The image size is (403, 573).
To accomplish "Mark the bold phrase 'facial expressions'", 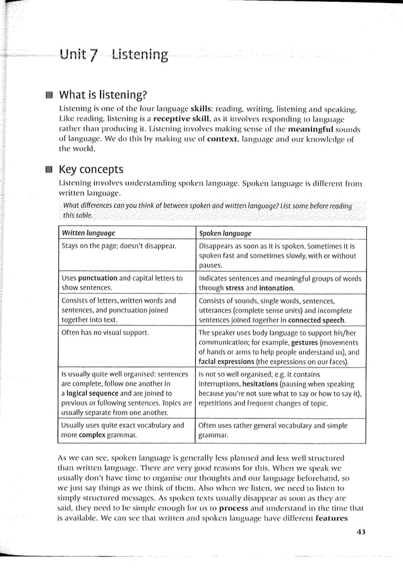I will coord(230,363).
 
